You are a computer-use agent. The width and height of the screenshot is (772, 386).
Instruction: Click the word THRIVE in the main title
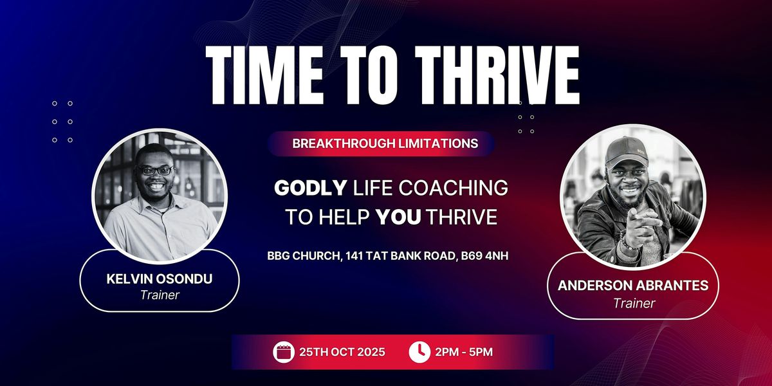(x=497, y=75)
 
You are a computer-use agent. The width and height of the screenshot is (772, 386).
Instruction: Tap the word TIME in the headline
(x=264, y=75)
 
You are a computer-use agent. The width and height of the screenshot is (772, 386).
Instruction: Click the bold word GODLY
(x=310, y=188)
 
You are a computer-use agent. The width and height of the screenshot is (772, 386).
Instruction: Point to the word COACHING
(x=454, y=188)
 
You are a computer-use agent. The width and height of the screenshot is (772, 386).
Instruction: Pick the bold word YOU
(x=398, y=217)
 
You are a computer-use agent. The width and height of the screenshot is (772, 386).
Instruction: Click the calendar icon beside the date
(x=284, y=352)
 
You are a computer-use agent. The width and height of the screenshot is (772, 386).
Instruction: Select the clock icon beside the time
(x=419, y=352)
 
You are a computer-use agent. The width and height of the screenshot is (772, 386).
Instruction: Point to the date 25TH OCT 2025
(x=342, y=352)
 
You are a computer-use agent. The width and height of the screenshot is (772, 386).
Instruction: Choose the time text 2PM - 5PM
(x=464, y=352)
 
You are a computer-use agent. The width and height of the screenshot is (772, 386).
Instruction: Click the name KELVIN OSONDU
(x=160, y=279)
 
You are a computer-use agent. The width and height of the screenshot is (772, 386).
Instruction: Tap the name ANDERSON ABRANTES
(x=633, y=286)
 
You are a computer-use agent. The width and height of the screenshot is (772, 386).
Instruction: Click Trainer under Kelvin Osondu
(x=160, y=295)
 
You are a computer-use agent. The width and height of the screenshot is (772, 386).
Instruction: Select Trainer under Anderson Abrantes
(x=634, y=303)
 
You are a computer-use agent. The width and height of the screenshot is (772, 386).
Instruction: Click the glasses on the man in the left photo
(x=155, y=170)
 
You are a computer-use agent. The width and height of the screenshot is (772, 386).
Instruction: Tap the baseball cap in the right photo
(x=627, y=151)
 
